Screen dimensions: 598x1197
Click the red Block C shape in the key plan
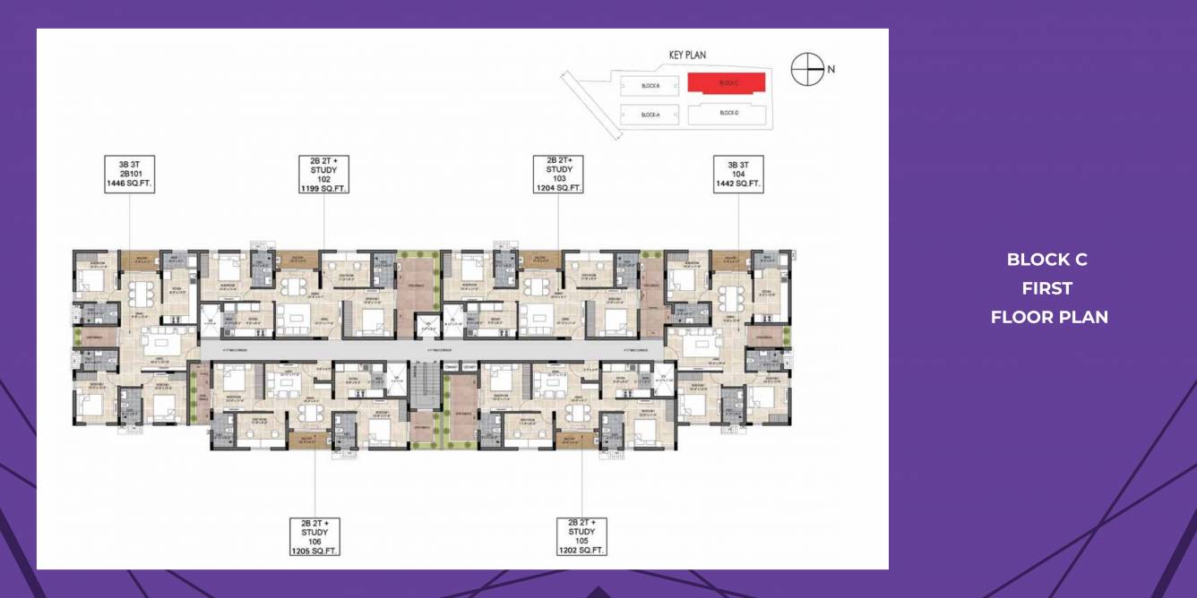pyautogui.click(x=727, y=83)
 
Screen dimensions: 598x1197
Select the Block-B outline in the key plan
pyautogui.click(x=650, y=86)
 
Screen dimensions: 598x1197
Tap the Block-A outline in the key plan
pyautogui.click(x=650, y=115)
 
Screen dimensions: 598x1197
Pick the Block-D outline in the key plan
pyautogui.click(x=727, y=113)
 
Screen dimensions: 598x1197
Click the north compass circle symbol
pyautogui.click(x=807, y=69)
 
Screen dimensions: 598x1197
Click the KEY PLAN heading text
pyautogui.click(x=687, y=56)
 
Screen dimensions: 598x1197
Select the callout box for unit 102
pyautogui.click(x=323, y=174)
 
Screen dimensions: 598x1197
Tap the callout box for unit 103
pyautogui.click(x=559, y=174)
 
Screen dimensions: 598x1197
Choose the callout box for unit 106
pyautogui.click(x=314, y=536)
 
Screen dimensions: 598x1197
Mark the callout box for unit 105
pyautogui.click(x=581, y=536)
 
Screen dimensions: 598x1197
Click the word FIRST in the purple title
pyautogui.click(x=1047, y=288)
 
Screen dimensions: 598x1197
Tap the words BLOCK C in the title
pyautogui.click(x=1047, y=260)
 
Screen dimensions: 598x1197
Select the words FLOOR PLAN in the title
pyautogui.click(x=1049, y=317)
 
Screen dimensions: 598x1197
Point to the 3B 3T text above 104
pyautogui.click(x=738, y=163)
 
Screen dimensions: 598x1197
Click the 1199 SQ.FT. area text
pyautogui.click(x=323, y=189)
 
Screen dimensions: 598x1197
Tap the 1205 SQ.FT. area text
pyautogui.click(x=314, y=551)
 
